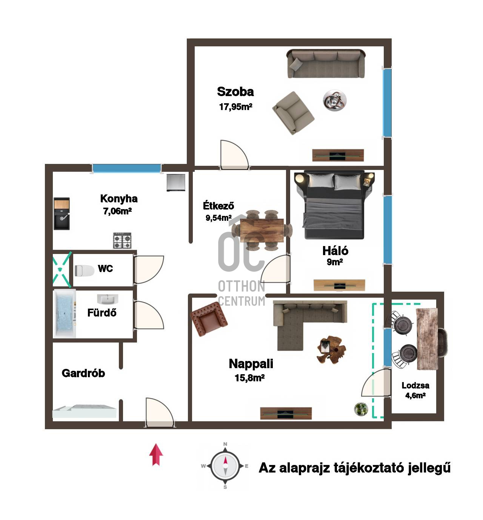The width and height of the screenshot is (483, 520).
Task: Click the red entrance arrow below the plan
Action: coord(156,455)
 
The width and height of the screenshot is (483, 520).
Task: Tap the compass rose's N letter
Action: coord(225,444)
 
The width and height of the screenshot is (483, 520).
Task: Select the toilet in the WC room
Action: coord(84,271)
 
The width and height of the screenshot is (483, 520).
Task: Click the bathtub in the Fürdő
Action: coord(65,314)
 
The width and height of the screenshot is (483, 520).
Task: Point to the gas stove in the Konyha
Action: coord(122,240)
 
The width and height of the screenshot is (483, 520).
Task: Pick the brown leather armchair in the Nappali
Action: coord(209,319)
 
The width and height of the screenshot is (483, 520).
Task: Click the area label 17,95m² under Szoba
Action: coord(235,107)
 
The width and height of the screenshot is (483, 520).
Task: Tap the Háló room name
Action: coord(335,251)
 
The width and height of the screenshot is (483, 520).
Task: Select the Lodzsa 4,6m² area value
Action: coord(415,395)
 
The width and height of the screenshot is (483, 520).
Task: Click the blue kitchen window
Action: coord(127,168)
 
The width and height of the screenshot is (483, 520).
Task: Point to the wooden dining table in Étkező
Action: coord(262,230)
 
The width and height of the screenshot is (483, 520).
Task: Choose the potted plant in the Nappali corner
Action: coord(361,409)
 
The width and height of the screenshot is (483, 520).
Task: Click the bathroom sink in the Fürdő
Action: coord(108,299)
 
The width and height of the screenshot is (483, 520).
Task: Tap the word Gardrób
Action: coord(83,373)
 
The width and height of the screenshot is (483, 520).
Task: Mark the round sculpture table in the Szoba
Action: coord(335,101)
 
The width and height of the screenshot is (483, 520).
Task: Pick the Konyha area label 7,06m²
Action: coord(117,211)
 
